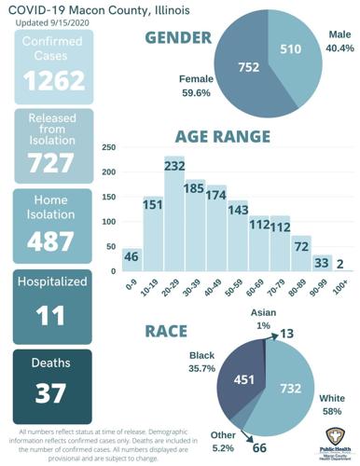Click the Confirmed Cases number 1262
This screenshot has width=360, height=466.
click(x=53, y=82)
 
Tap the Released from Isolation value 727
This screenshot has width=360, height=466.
click(x=53, y=162)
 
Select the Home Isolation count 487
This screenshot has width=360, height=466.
click(x=53, y=241)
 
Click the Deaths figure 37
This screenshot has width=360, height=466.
click(x=53, y=392)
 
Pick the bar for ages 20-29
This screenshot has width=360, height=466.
click(x=174, y=214)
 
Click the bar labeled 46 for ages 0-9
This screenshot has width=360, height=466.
click(x=132, y=259)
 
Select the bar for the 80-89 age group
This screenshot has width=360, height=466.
click(x=300, y=254)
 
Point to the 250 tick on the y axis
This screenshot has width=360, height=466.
click(x=108, y=147)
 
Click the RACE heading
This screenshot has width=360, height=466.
click(x=168, y=330)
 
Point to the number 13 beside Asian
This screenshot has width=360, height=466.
click(x=286, y=334)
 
